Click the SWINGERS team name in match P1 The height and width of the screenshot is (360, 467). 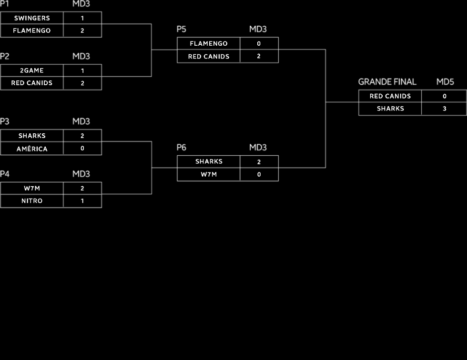coord(32,18)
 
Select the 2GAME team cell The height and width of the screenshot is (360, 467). coord(32,70)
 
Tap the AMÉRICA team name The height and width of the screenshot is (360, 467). coord(32,149)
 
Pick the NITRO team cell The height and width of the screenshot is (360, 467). coord(32,201)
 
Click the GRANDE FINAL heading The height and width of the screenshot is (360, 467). coord(387,82)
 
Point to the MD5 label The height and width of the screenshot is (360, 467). coord(445,82)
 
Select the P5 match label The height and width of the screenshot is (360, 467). coord(182,30)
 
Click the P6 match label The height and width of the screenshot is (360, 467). coord(182,148)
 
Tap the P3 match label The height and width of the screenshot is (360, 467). coord(5,121)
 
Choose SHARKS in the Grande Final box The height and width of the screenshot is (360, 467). coord(390,109)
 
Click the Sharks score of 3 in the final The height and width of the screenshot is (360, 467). coord(444,109)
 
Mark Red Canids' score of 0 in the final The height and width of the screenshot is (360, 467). coord(444,96)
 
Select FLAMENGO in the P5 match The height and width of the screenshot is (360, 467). coord(209,43)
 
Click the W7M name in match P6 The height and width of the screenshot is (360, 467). coord(209,174)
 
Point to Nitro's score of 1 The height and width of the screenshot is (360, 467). coord(82,201)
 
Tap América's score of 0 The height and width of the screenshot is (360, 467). coord(82,149)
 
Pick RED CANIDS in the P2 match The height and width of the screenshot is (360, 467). coord(32,83)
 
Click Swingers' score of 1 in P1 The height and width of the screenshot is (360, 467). coord(82,18)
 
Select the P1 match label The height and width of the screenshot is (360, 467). coord(5,4)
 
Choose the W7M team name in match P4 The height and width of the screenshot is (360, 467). coord(32,188)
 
